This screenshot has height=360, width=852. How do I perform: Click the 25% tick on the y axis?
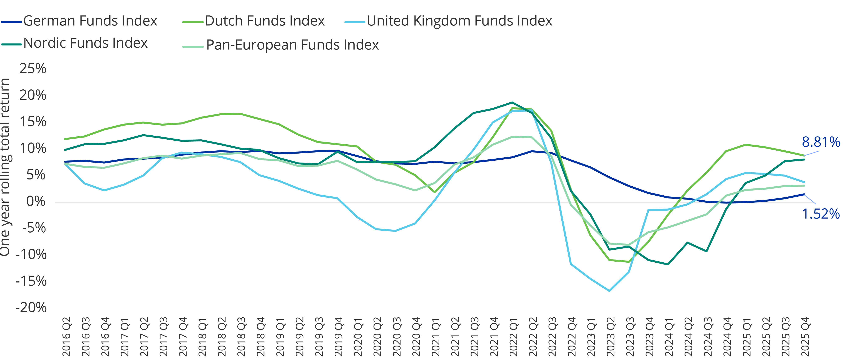[x=33, y=69]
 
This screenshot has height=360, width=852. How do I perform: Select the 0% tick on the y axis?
[x=36, y=201]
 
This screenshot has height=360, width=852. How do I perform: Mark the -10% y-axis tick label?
[x=31, y=254]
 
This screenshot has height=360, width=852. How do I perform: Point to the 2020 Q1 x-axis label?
[x=358, y=337]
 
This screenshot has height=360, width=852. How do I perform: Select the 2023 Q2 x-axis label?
[x=610, y=337]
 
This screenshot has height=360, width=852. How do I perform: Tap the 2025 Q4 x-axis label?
[x=805, y=337]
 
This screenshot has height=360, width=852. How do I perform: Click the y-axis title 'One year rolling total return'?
[x=5, y=167]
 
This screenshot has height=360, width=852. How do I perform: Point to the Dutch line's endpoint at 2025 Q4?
[x=804, y=155]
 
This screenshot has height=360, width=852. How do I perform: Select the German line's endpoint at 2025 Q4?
[x=804, y=194]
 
